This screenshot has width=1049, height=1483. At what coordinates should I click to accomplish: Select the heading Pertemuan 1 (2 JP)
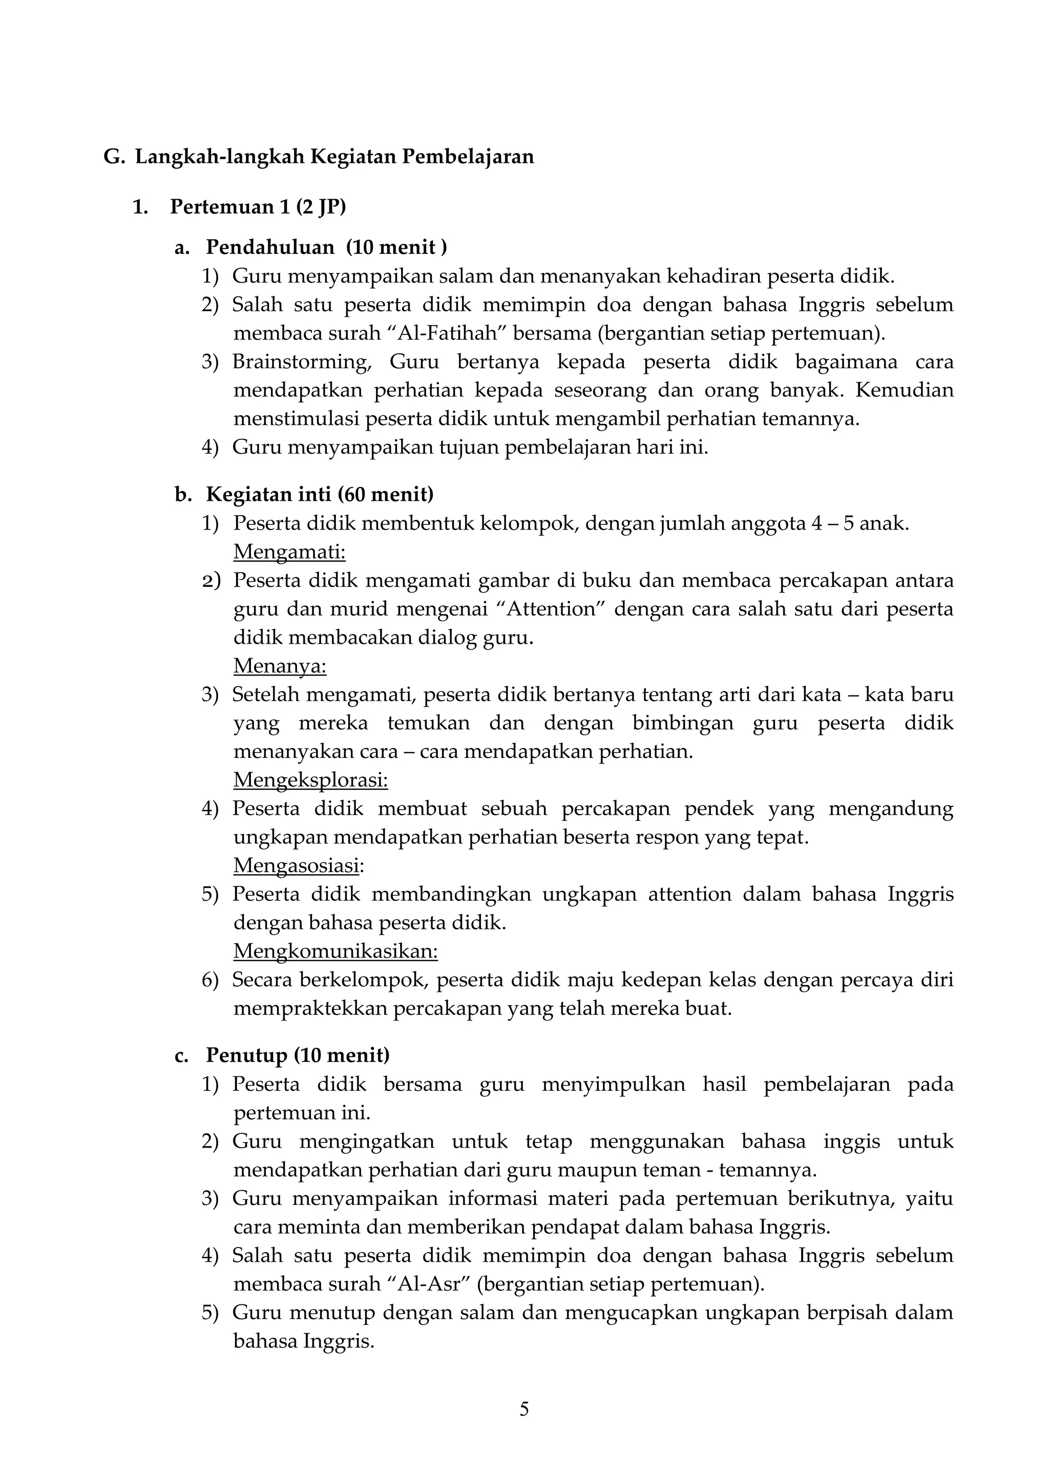(x=258, y=207)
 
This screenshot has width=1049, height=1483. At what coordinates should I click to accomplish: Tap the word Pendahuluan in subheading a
(x=270, y=247)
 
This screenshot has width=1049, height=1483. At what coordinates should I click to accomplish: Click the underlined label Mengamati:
(x=289, y=552)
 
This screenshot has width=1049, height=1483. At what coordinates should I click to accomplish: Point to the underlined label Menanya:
(x=280, y=666)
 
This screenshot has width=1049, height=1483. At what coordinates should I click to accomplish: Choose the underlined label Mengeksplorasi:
(x=310, y=780)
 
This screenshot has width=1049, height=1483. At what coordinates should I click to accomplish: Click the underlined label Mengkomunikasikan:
(x=335, y=951)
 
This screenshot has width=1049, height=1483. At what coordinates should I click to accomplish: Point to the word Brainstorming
(x=302, y=362)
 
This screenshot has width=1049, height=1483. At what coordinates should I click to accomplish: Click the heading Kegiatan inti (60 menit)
(x=319, y=495)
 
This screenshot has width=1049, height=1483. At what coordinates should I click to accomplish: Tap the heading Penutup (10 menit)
(x=297, y=1055)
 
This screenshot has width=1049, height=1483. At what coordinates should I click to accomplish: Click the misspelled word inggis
(x=851, y=1141)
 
